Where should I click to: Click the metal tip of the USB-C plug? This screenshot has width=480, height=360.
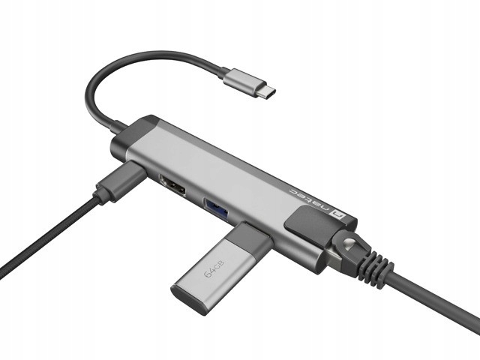click(x=267, y=91)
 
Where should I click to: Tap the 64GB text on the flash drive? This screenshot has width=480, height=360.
click(x=214, y=268)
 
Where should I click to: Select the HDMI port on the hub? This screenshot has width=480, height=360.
click(x=172, y=185)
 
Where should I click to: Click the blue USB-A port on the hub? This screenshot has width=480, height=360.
click(x=216, y=209)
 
